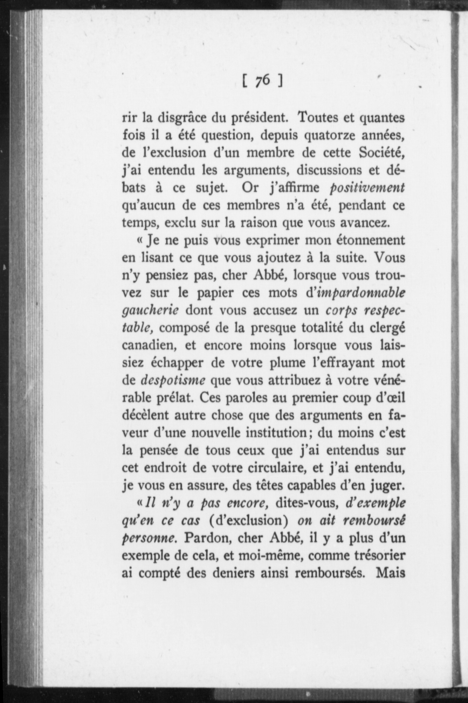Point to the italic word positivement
[367, 188]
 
